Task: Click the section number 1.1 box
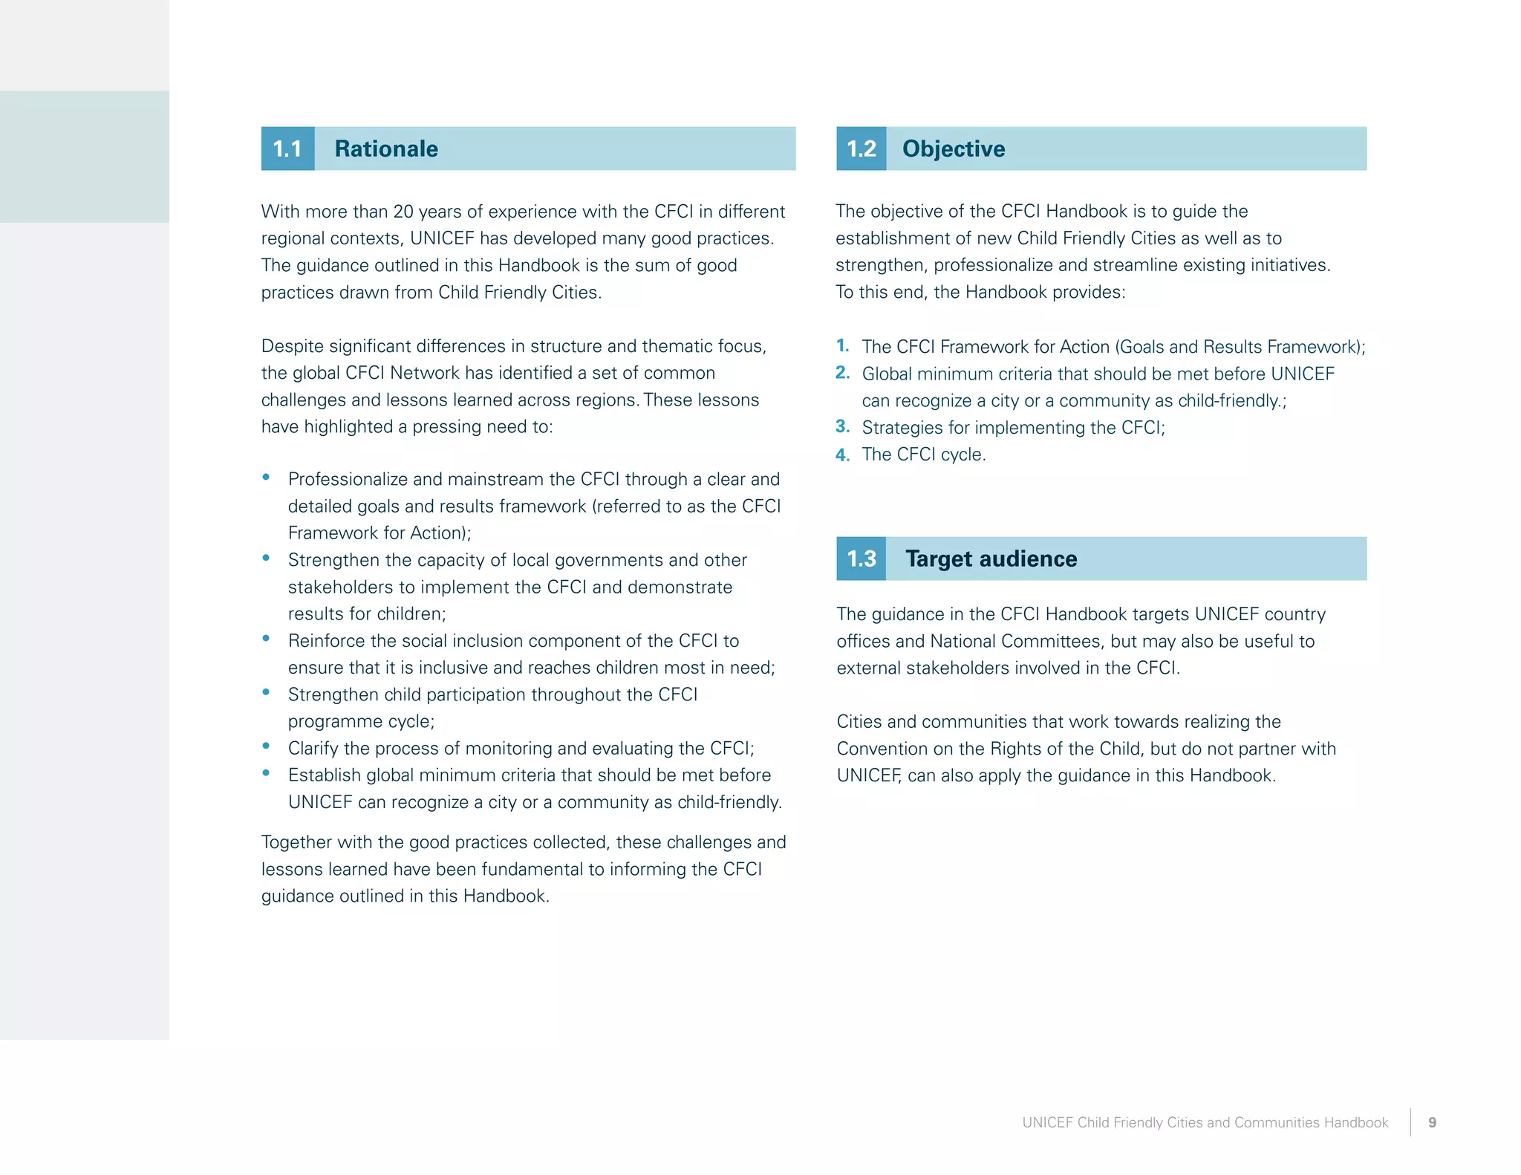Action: [287, 149]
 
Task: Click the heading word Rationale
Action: [386, 149]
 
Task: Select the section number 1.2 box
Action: [862, 149]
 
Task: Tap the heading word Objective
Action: [954, 149]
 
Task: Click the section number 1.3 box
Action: [862, 559]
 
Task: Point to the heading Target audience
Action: [991, 559]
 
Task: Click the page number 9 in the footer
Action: [1432, 1122]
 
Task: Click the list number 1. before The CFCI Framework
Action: [842, 345]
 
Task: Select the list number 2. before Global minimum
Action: [842, 372]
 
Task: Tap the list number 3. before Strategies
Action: [842, 426]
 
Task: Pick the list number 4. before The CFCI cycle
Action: [842, 454]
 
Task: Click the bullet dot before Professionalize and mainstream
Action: [266, 478]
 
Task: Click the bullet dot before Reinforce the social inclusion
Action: [266, 639]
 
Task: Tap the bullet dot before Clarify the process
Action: [266, 746]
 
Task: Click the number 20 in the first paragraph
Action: [403, 212]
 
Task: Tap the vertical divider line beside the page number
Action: [1410, 1122]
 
